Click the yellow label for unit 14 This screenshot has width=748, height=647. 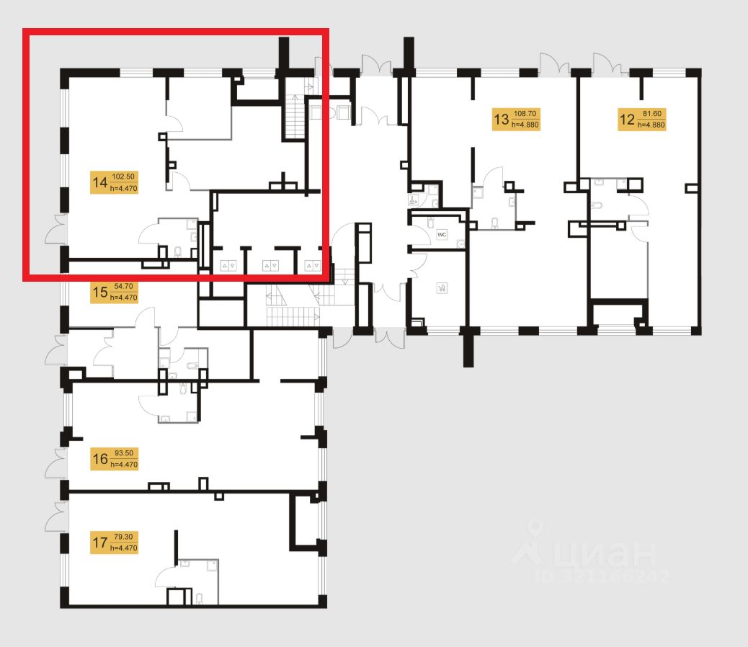114,182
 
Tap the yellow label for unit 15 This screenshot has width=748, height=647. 114,293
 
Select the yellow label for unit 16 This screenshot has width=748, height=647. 114,458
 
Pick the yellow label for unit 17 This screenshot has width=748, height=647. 114,543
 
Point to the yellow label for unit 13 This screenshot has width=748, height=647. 515,118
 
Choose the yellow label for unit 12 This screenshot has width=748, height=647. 641,118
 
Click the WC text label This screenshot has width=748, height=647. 443,235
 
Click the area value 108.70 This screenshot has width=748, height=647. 525,113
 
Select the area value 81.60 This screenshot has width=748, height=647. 651,113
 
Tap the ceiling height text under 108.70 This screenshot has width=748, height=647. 525,124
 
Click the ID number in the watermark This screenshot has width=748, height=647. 601,576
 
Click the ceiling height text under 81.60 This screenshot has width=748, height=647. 651,124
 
